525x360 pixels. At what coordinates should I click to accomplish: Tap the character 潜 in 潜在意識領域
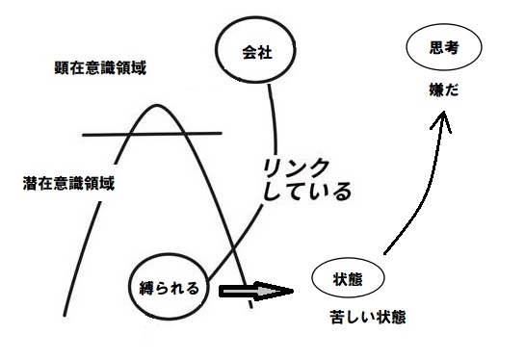coord(30,182)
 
